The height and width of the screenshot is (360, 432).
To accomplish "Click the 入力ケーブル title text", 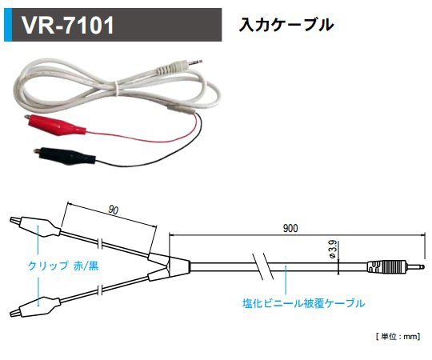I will tap(286, 24).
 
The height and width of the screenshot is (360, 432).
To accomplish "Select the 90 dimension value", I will tap(113, 210).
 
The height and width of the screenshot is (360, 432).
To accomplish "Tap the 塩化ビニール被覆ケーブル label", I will tap(303, 303).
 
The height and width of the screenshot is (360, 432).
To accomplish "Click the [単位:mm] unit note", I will tap(398, 337).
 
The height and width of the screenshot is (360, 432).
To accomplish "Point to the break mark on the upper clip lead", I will tap(99, 242).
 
